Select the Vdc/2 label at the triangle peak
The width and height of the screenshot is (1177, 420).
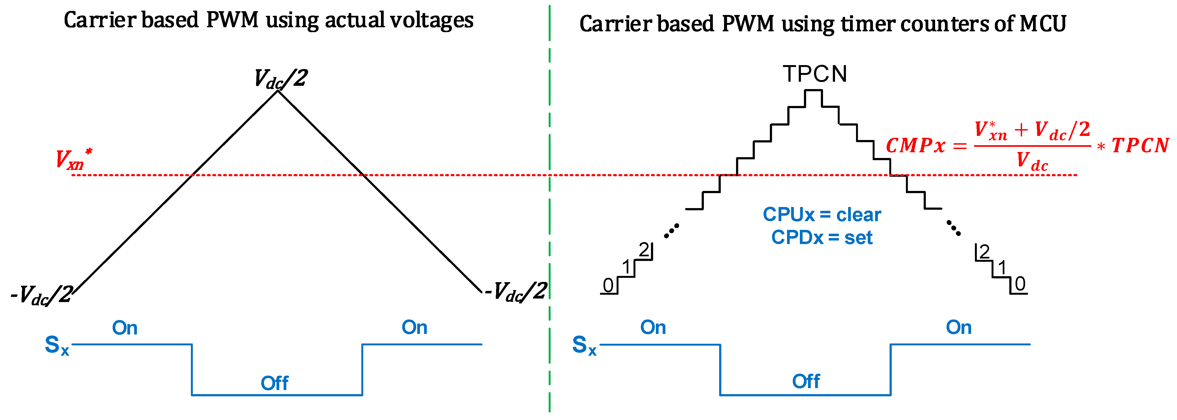281,78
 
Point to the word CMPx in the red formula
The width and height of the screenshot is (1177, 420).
915,146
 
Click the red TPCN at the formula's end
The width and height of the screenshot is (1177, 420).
1140,146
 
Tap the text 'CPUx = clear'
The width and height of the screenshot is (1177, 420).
821,215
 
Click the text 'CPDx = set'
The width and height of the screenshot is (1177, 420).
821,238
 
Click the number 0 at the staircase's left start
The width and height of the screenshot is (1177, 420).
608,285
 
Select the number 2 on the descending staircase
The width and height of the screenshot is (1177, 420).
984,252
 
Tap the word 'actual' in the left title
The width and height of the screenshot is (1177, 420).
354,20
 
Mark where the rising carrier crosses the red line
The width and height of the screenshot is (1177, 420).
193,175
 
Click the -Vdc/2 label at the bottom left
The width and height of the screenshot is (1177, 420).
41,295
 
